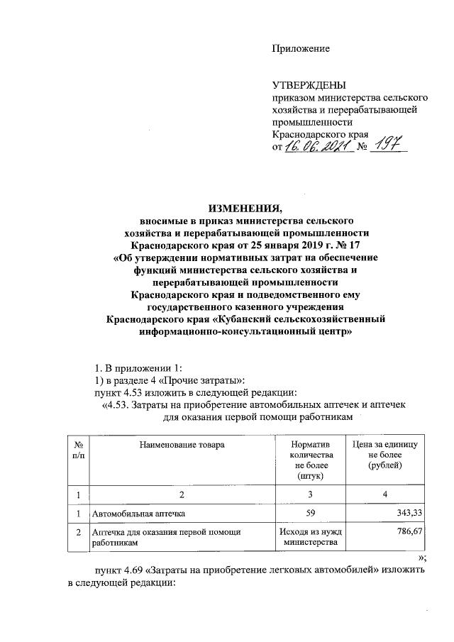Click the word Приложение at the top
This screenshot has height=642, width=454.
301,48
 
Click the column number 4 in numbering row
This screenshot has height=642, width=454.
385,493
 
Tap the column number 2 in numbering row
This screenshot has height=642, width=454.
181,493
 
